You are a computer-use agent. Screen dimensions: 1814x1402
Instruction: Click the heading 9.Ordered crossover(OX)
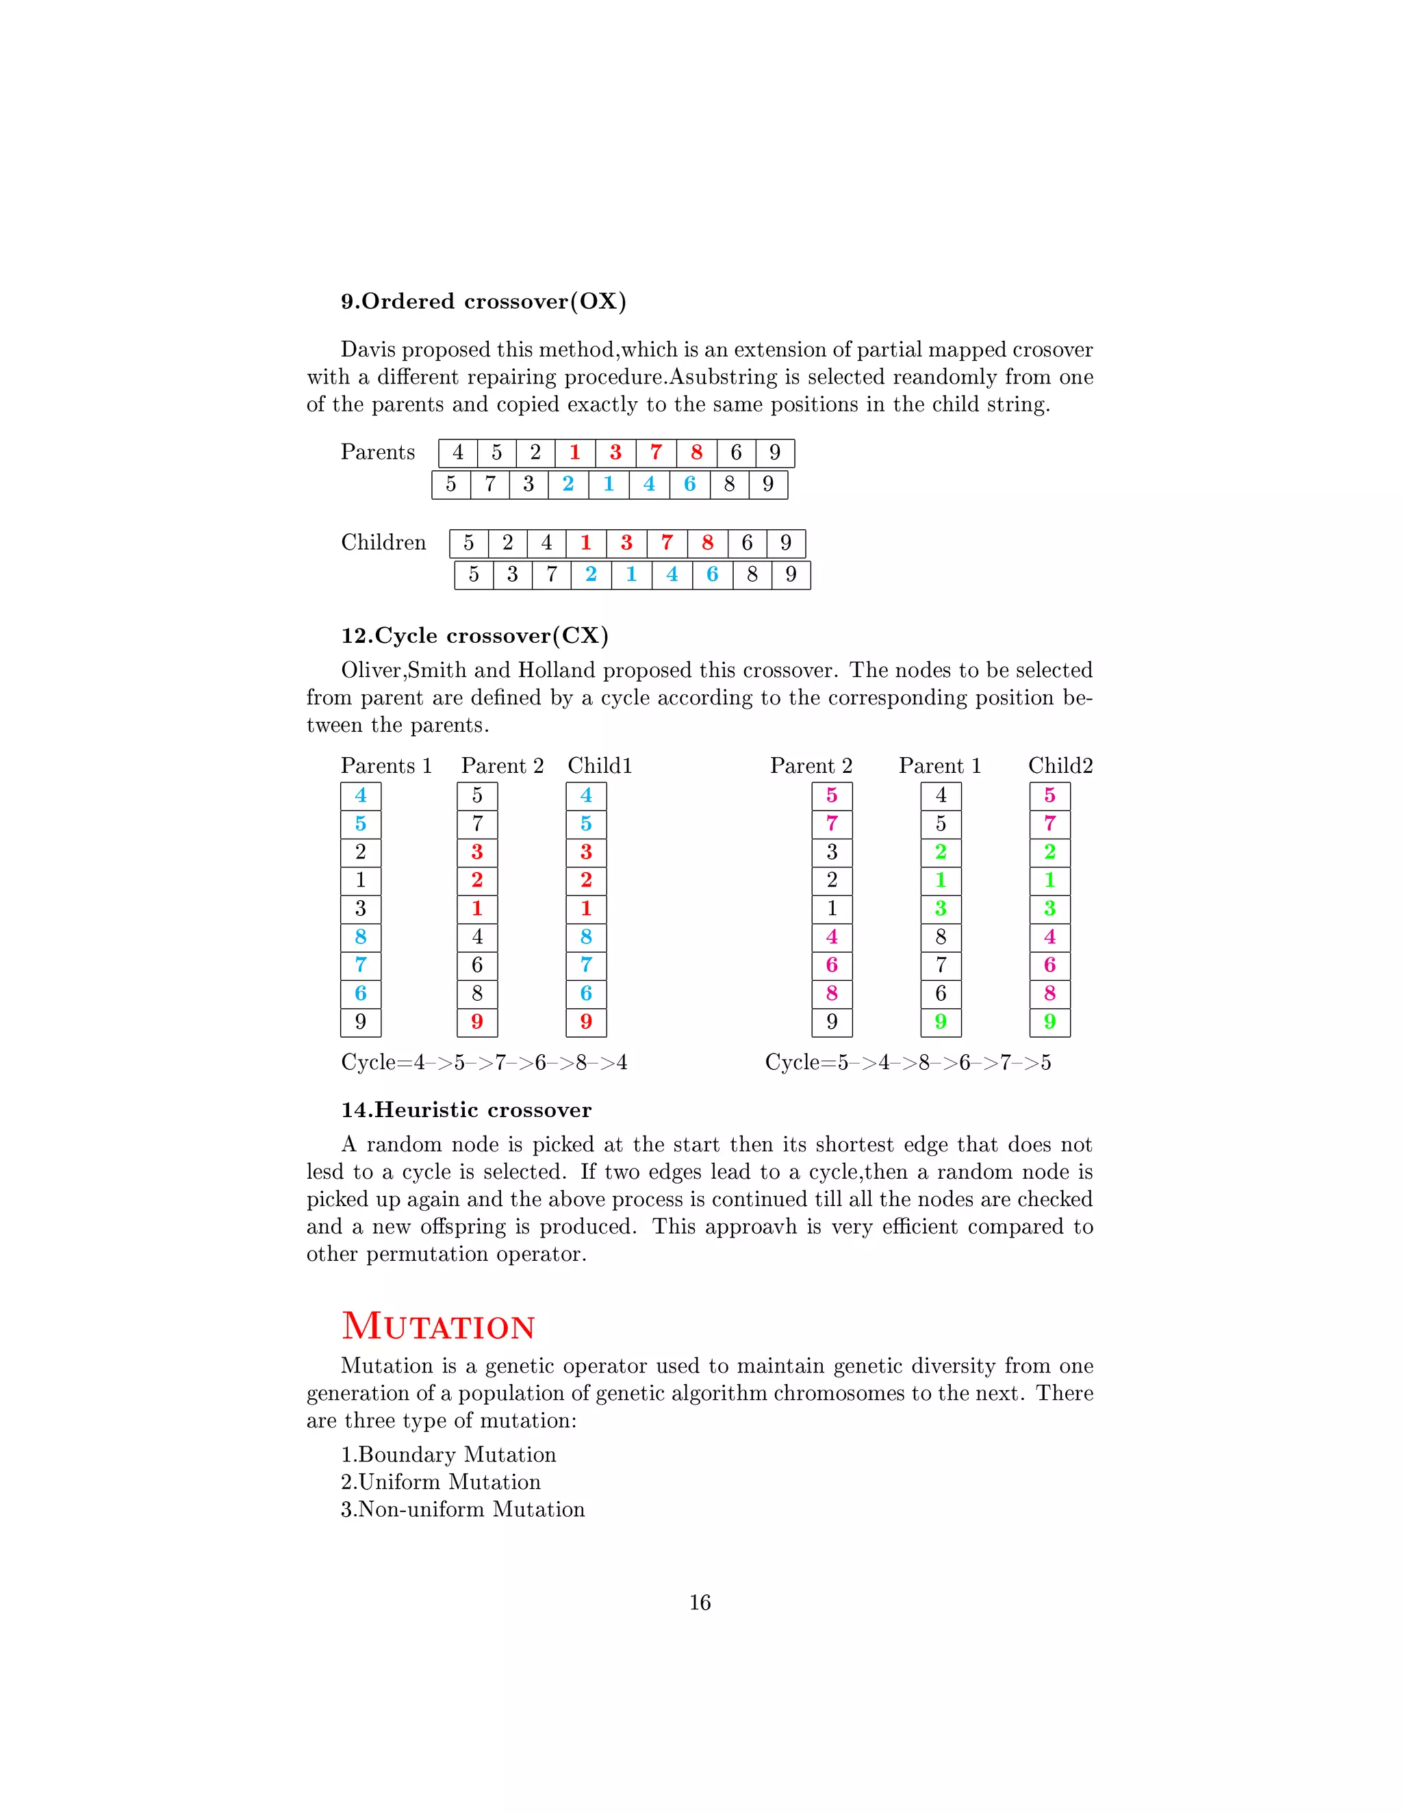(483, 301)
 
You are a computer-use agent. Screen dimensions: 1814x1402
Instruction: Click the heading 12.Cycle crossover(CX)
(474, 635)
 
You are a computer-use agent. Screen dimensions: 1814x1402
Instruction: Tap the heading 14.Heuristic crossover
(466, 1110)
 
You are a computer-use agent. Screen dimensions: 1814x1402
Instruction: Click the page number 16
(700, 1602)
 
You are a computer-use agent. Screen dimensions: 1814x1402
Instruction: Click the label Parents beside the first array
(377, 452)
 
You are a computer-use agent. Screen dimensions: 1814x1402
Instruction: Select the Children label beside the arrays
(383, 542)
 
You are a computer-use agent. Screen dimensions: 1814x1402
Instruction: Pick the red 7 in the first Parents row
(655, 452)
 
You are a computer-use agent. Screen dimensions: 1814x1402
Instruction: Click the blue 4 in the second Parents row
(649, 484)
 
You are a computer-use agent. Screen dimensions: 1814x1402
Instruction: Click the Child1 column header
(600, 766)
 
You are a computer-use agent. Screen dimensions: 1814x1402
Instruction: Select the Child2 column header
(1060, 766)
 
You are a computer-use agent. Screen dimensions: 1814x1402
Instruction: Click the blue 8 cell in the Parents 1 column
(361, 937)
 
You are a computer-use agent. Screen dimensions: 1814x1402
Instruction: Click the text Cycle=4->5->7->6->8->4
(484, 1062)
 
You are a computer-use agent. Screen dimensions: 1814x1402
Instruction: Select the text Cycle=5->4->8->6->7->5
(907, 1062)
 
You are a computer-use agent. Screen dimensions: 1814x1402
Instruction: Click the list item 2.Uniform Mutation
(440, 1482)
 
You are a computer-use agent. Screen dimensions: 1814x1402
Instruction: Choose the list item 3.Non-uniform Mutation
(463, 1509)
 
